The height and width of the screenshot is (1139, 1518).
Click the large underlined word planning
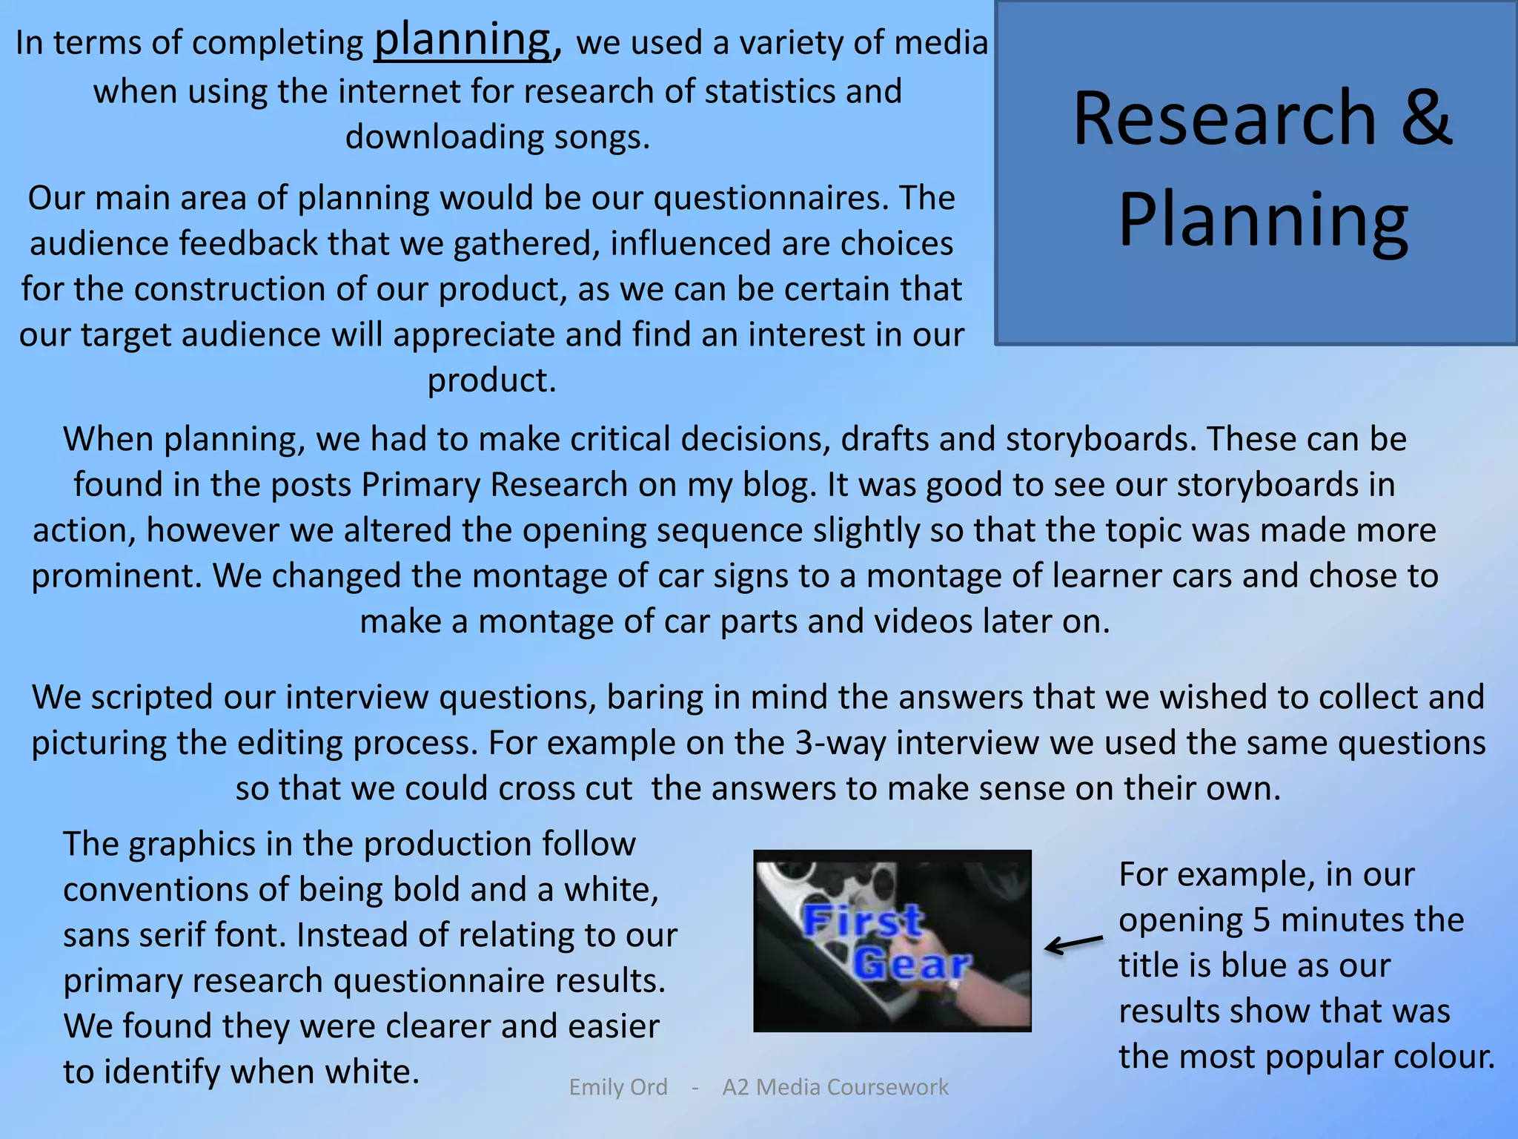click(463, 41)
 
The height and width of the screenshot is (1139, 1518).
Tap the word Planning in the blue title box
click(1263, 219)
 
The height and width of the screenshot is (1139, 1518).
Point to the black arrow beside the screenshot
click(1073, 944)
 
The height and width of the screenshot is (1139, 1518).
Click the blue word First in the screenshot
click(863, 922)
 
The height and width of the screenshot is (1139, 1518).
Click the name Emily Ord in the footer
click(618, 1087)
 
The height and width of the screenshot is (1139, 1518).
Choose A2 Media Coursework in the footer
click(835, 1087)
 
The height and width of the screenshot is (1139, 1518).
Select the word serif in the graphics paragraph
click(174, 936)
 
